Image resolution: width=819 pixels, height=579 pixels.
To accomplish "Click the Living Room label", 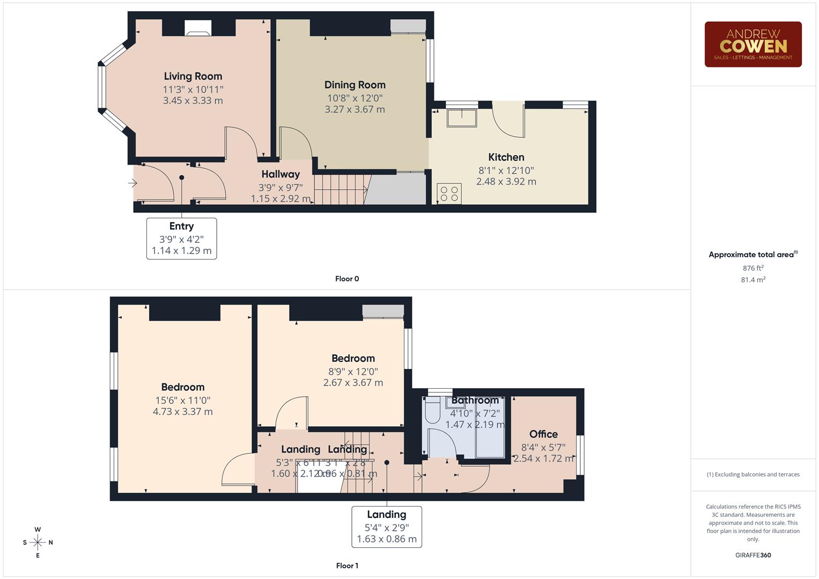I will coord(193,76).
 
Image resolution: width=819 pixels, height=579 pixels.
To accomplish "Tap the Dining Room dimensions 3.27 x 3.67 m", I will coord(355,109).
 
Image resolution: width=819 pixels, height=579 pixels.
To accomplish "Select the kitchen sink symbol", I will coord(462,117).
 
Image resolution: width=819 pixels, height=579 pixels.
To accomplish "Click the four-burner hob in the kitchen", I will coord(449,194).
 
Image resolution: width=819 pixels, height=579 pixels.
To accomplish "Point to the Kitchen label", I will coord(506,157).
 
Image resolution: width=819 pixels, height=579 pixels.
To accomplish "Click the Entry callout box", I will coord(181,239).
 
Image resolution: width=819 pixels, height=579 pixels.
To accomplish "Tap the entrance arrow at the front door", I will coord(132,183).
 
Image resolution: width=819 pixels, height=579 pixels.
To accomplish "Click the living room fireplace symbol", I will coord(198,28).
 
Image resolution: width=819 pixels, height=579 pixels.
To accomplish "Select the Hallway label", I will coord(281,174).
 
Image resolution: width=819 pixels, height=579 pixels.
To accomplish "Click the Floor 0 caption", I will coord(347,279).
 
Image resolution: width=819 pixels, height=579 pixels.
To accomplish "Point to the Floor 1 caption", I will coord(347,566).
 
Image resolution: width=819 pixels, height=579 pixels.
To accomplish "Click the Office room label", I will coord(543,434).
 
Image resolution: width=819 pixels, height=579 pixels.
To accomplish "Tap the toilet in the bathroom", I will coord(432,412).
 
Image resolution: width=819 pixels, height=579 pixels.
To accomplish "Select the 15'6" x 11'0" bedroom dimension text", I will coord(182,400).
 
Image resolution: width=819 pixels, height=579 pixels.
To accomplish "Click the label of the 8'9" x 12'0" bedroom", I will coord(353,358).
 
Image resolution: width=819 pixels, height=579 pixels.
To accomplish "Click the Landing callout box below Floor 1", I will coord(386,526).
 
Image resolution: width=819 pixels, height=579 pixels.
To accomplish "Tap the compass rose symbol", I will coord(38,543).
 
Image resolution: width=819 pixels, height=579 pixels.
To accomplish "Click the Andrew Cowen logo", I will coord(752,44).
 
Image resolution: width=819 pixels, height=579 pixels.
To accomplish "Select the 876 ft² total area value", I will coord(752,268).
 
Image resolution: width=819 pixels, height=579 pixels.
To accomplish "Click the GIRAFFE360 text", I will coord(752,555).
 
